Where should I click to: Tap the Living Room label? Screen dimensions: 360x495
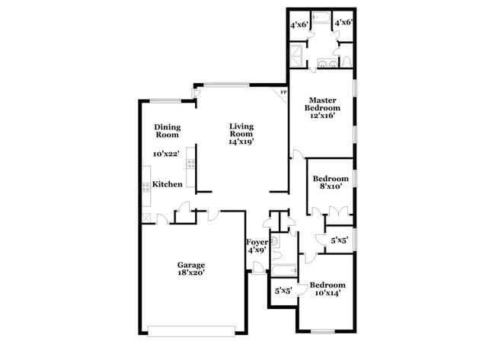coord(241,130)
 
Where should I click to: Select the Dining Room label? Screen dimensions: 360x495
coord(167,131)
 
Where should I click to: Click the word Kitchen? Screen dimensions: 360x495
coord(167,184)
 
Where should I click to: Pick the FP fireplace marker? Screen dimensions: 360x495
coord(283,93)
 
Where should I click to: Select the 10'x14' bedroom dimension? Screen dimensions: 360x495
coord(324,291)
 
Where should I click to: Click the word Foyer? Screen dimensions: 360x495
coord(256,242)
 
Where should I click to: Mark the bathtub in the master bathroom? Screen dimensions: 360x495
coord(320,17)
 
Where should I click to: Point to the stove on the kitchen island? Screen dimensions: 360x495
coord(191,163)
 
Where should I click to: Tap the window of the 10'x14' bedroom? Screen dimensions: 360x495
coord(324,331)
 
